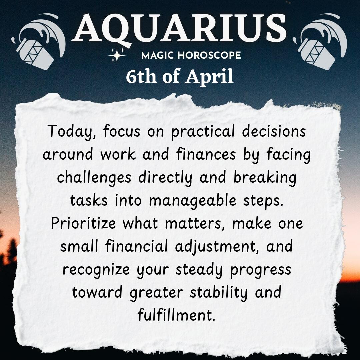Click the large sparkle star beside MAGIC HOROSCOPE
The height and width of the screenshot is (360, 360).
[x=117, y=55]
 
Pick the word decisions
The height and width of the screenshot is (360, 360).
[x=274, y=131]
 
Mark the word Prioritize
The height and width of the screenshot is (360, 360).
[x=83, y=223]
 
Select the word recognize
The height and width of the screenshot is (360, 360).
[x=96, y=270]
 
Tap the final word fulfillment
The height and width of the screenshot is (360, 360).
[x=176, y=315]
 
